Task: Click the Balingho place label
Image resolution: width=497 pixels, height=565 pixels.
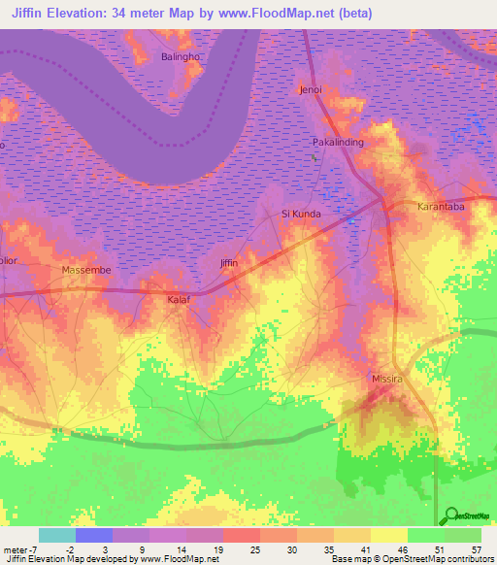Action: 180,57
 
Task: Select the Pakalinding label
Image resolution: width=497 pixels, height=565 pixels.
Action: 336,143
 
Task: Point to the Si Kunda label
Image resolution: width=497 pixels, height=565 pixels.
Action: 300,214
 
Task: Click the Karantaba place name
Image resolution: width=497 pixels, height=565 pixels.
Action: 441,207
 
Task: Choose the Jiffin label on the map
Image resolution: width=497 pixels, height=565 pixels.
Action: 228,263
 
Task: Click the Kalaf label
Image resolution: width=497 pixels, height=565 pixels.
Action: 178,300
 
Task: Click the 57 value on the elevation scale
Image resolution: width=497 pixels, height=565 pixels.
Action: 477,549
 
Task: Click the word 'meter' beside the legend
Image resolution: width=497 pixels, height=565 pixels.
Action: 14,549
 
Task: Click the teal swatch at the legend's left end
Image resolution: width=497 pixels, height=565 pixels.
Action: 56,535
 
